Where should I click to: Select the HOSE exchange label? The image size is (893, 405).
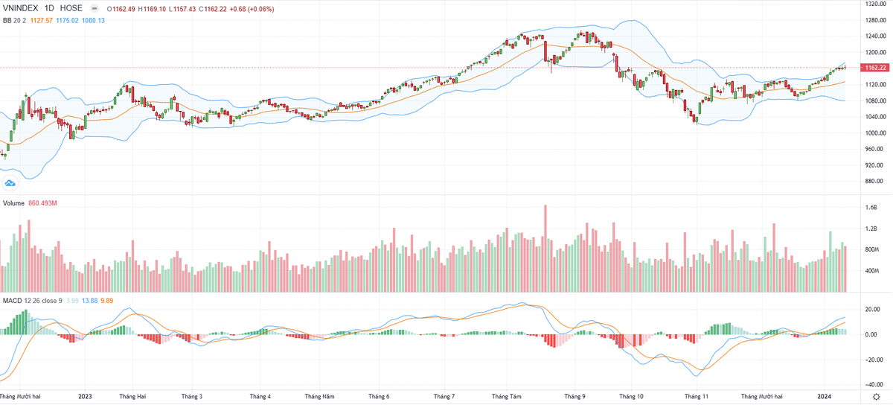tap(71, 8)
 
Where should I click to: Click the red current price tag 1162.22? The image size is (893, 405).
tap(874, 68)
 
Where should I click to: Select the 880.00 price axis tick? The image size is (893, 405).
tap(874, 181)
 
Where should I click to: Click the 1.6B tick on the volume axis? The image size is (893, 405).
tap(871, 208)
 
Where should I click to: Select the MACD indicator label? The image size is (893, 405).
tap(13, 300)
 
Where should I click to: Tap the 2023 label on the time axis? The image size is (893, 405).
tap(84, 397)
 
